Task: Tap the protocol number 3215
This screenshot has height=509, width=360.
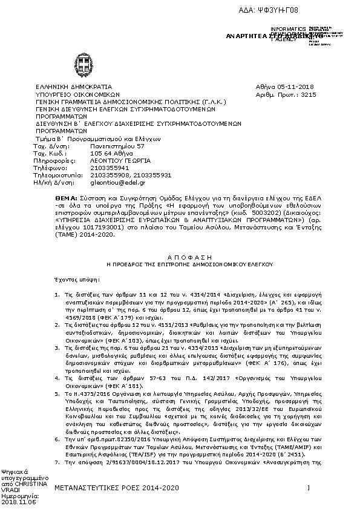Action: pyautogui.click(x=308, y=95)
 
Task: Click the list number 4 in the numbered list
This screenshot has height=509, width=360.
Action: pyautogui.click(x=56, y=377)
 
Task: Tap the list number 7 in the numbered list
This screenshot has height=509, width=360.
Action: pyautogui.click(x=56, y=461)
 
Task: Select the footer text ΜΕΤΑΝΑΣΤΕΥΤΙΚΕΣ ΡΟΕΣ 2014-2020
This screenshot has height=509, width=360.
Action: pyautogui.click(x=117, y=487)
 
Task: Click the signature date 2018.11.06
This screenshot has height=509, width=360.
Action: pyautogui.click(x=18, y=502)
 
